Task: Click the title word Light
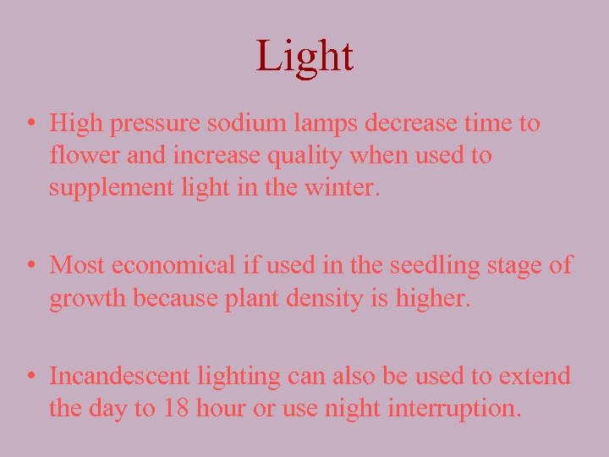tap(304, 56)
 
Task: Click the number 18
tap(176, 409)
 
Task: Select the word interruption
tap(454, 409)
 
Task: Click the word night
tap(350, 410)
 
